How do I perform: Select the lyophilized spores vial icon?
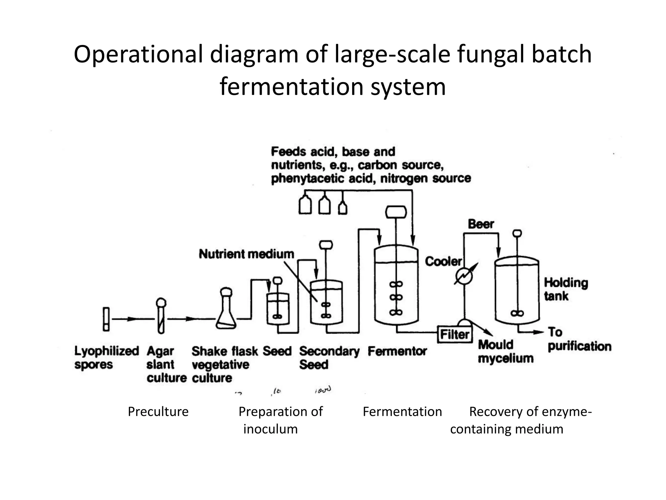coord(106,319)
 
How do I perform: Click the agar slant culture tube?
coord(161,316)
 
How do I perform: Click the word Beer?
coord(481,224)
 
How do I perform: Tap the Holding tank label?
coord(566,289)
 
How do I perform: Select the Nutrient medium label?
coord(246,254)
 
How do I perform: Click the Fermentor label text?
coord(397,351)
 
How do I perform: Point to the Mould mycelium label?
coord(505,351)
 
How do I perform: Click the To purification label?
coord(579,340)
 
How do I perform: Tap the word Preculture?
coord(158,412)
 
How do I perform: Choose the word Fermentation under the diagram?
coord(402,412)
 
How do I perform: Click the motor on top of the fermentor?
coord(396,212)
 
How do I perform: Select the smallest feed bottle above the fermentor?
coord(342,208)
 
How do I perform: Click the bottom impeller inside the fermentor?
coord(396,312)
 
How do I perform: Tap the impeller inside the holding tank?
coord(517,313)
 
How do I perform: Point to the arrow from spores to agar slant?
coord(132,319)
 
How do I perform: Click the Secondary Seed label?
coord(329,357)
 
